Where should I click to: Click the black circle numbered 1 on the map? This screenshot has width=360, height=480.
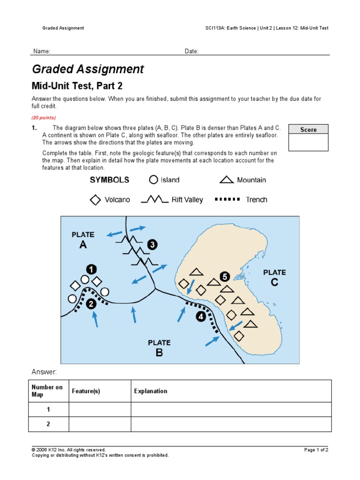91,269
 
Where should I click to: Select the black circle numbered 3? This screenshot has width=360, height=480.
152,244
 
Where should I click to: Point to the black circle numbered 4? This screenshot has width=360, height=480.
201,316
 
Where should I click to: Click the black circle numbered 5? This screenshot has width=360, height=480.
225,277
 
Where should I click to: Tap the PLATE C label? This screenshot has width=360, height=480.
274,277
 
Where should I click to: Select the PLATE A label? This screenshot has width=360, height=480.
83,240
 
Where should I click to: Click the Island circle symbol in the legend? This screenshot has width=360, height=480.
153,180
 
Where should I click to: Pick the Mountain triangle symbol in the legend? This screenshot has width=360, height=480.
227,180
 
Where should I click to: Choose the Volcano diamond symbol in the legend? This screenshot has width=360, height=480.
95,200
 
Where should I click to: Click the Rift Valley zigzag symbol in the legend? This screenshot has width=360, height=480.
155,200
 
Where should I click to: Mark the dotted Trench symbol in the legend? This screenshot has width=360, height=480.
227,199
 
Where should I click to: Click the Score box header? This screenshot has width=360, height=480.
308,129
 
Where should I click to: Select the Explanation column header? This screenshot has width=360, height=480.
150,391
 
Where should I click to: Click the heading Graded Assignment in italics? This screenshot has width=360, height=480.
88,69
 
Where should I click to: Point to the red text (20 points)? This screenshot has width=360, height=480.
44,118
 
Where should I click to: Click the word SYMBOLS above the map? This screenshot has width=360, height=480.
109,180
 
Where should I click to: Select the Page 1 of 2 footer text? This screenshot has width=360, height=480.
316,450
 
